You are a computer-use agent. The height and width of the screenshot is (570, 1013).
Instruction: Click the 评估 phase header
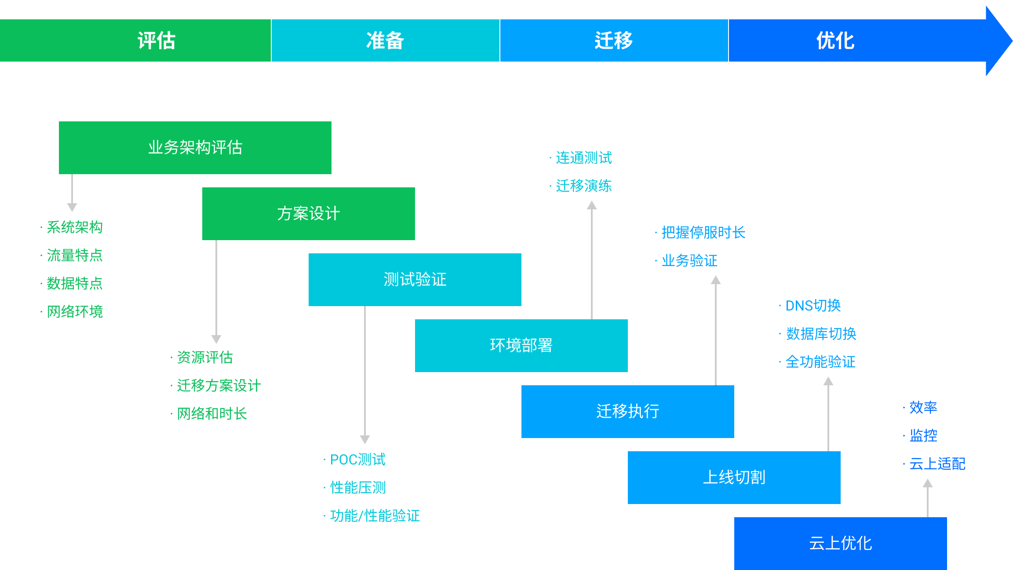coord(157,40)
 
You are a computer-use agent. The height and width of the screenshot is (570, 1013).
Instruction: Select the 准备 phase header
coord(385,40)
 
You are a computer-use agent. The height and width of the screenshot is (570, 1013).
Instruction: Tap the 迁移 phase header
coord(614,40)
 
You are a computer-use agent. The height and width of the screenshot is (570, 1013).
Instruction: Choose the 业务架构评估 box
coord(195,148)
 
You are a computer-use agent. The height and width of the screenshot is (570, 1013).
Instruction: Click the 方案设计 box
coord(308,214)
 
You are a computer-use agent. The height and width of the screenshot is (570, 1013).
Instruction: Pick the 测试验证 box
coord(415,280)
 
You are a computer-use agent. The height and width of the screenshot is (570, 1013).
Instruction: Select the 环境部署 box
coord(521,346)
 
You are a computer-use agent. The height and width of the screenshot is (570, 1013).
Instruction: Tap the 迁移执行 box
coord(627,412)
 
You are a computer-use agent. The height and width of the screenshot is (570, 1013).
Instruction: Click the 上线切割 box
coord(734,478)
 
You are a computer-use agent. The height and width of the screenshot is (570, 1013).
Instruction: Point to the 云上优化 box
coord(840,544)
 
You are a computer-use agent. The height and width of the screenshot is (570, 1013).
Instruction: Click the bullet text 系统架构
coord(75,227)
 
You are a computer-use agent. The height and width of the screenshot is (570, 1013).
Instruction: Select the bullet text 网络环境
coord(75,312)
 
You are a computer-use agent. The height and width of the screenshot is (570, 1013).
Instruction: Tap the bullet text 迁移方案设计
coord(219,386)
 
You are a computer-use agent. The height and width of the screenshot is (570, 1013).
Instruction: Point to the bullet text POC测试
coord(357,460)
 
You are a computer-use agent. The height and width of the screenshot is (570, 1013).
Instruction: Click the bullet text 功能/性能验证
coord(375,516)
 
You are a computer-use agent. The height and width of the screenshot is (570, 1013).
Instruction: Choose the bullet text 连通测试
coord(583,158)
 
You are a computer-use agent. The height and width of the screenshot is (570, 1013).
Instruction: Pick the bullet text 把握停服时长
coord(703,233)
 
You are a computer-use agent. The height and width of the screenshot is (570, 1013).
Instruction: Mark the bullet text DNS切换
coord(813,306)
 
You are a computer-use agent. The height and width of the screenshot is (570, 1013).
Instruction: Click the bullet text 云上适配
coord(937,464)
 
